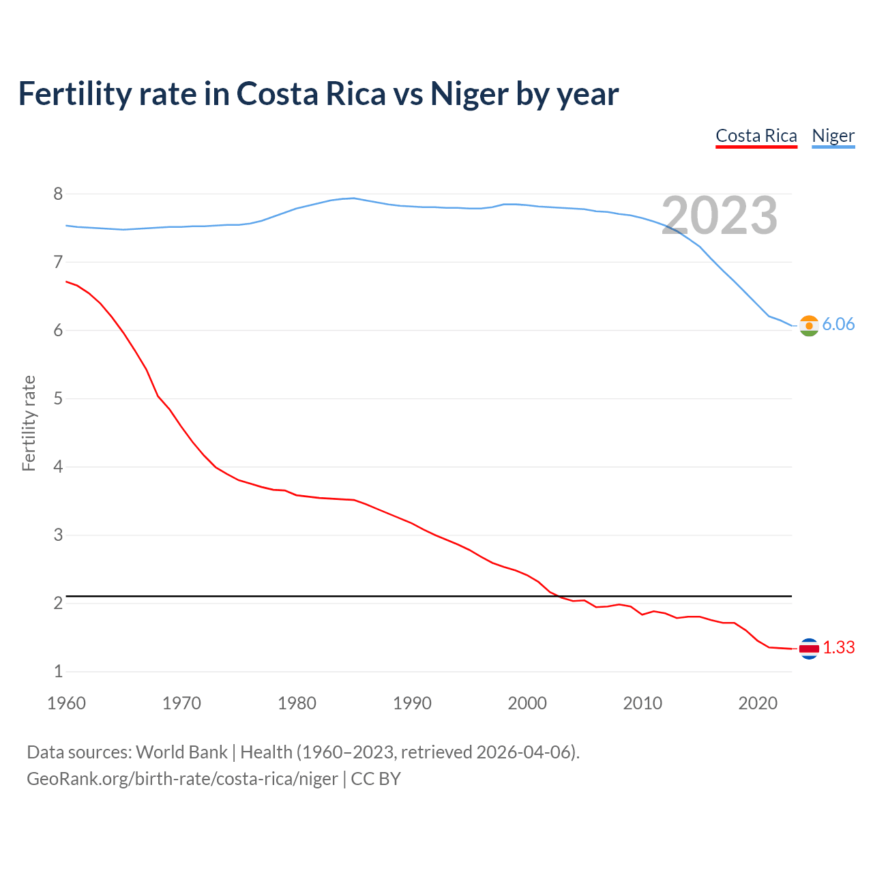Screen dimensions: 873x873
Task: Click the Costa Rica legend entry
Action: tap(756, 136)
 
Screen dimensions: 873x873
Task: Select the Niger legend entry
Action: tap(833, 136)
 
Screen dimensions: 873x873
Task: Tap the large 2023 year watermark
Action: tap(720, 216)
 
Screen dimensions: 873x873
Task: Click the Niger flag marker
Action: tap(808, 326)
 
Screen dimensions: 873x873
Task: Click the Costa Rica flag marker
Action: tap(808, 649)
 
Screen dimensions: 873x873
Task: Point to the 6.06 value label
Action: tap(838, 325)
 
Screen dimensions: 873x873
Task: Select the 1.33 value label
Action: tap(838, 648)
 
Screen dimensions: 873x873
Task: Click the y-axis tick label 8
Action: tap(58, 194)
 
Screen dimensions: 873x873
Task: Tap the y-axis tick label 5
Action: tap(58, 399)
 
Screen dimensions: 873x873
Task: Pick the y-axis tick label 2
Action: tap(58, 604)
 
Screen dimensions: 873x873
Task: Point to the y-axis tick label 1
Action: tap(58, 672)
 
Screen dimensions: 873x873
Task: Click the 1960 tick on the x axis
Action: tap(66, 703)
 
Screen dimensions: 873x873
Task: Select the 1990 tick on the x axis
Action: tap(412, 703)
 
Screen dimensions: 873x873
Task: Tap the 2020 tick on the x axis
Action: tap(758, 703)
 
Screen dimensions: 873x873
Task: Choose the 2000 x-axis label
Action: tap(527, 703)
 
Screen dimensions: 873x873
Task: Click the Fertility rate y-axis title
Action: tap(29, 423)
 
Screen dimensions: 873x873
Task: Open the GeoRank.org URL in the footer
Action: tap(182, 779)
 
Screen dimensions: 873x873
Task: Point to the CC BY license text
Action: tap(376, 779)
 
